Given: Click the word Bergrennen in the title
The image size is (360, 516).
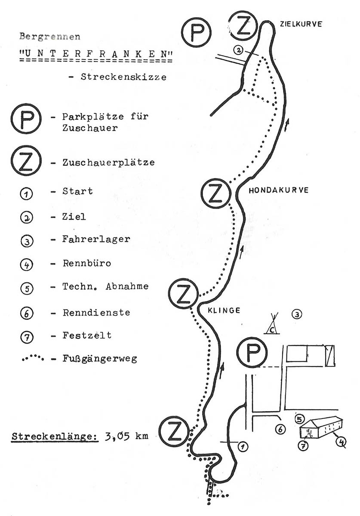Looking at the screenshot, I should point(50,37).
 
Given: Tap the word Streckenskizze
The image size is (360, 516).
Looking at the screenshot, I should point(123,77).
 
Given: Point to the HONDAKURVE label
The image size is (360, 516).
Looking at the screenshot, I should point(278,190).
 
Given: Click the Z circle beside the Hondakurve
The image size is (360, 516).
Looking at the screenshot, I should point(215,193).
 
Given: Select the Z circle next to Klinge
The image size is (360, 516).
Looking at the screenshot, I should point(183,294).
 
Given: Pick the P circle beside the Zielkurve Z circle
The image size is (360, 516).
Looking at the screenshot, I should point(196,33).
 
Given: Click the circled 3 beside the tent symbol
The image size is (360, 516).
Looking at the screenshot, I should point(296,314).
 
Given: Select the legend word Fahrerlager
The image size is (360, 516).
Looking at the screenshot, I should point(96,239).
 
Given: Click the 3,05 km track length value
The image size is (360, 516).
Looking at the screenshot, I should point(126,436).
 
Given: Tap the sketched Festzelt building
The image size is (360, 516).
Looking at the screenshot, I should point(320,427).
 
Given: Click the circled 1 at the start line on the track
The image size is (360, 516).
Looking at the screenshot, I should point(243,447).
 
